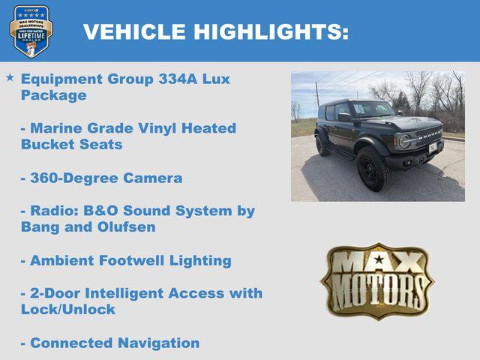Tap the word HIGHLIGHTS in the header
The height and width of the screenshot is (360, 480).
(x=271, y=31)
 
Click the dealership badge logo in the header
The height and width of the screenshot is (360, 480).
(x=31, y=31)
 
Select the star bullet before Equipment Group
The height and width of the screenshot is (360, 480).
(x=10, y=77)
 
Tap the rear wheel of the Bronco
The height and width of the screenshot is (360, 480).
(x=322, y=145)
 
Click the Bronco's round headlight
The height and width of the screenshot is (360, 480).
(x=406, y=141)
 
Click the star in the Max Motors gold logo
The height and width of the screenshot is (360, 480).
(x=379, y=260)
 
